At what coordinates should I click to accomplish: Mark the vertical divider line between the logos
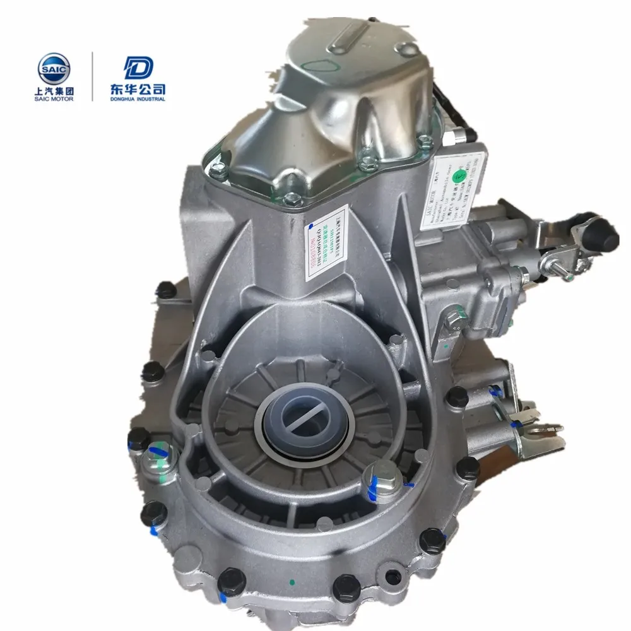pos(93,76)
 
